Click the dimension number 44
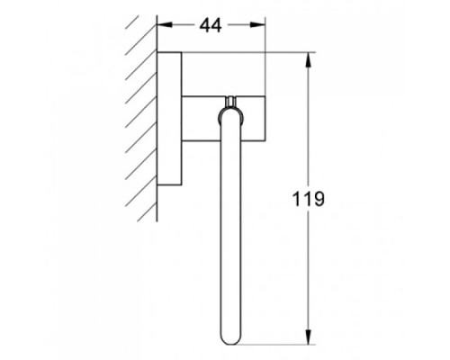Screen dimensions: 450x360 (211, 25)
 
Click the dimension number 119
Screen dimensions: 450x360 (309, 199)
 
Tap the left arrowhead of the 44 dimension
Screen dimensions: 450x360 (165, 25)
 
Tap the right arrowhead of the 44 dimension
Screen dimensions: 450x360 (257, 25)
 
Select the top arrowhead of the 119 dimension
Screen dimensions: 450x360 (309, 60)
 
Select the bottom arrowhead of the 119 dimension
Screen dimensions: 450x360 (309, 337)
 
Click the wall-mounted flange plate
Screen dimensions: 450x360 (169, 119)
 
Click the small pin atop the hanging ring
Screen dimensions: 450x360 (230, 101)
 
